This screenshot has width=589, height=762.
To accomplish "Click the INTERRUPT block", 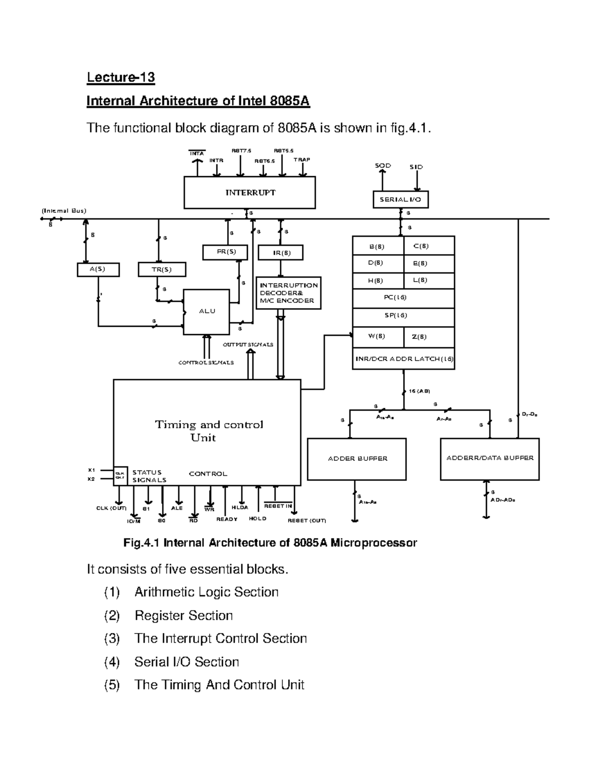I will pos(249,193).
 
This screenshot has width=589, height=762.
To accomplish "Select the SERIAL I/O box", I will pos(400,200).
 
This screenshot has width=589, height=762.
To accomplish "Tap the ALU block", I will pos(207,312).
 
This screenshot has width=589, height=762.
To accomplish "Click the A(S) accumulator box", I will pos(98,269).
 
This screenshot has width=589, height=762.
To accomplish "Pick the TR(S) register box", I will pos(161,269).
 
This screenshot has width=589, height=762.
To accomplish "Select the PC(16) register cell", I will pos(403,298).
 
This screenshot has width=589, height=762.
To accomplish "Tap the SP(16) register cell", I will pos(403,316).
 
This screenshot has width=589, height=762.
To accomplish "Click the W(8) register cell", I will pos(377,337).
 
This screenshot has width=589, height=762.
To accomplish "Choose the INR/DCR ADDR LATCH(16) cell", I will pos(403,359).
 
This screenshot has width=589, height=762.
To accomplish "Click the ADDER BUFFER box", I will pos(357,459).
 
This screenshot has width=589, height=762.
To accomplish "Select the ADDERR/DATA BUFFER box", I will pos(489,458).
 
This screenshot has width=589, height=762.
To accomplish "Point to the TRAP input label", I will pos(302,160).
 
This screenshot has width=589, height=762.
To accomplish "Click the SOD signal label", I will pos(383,166).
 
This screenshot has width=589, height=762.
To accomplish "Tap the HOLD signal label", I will pos(258,518).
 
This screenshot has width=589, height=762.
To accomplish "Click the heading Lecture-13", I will pos(121,78).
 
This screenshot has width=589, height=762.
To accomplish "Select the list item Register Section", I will pos(184,615).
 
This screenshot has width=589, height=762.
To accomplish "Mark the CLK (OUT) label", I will pos(111,508).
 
